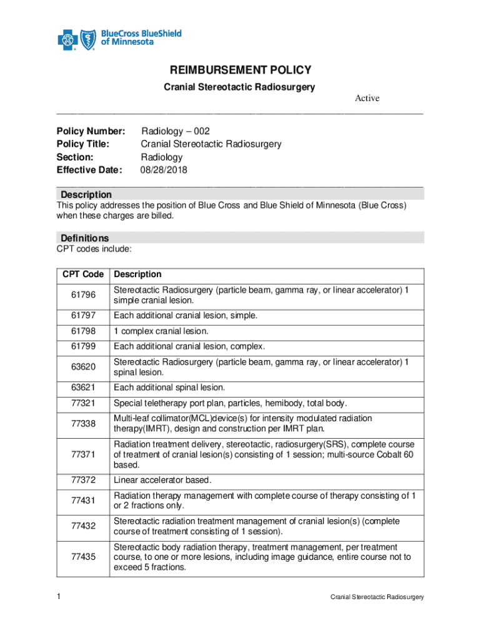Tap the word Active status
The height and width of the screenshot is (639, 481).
(x=367, y=98)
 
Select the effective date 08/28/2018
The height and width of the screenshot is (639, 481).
(x=164, y=170)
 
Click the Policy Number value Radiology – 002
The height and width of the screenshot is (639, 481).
(x=176, y=131)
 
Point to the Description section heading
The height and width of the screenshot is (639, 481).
(x=86, y=195)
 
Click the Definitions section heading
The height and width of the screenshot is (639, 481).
(x=84, y=238)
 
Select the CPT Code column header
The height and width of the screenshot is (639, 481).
(x=83, y=275)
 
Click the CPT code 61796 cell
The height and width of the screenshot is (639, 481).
(x=83, y=295)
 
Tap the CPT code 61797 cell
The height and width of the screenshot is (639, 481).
(x=83, y=316)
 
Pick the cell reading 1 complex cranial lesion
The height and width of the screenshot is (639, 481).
(x=161, y=331)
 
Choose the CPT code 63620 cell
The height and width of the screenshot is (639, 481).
(x=83, y=367)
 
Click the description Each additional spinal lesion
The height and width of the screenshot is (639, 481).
(x=169, y=388)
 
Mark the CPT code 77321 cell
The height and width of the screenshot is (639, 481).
(x=83, y=403)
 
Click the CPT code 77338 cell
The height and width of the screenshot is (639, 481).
(x=83, y=424)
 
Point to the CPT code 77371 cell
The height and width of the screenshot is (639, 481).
(x=83, y=454)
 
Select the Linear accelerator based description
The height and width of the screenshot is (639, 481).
(x=163, y=480)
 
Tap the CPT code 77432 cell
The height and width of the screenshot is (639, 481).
(x=83, y=526)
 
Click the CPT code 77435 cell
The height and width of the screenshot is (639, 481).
(x=83, y=557)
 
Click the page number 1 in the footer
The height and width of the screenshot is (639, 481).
(x=58, y=597)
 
